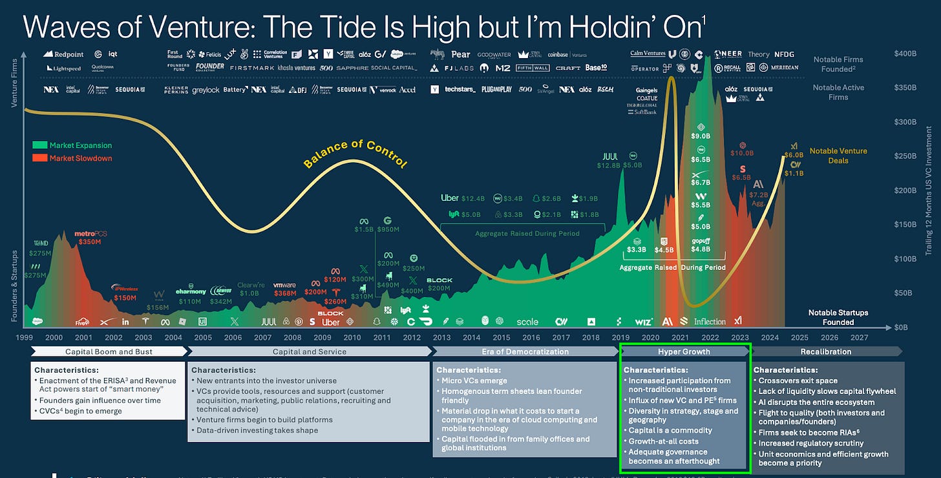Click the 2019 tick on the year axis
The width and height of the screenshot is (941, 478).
620,337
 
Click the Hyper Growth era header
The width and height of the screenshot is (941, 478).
684,352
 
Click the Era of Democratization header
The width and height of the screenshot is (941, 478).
524,352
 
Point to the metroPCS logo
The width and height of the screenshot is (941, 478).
90,233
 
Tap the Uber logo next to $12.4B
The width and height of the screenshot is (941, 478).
449,198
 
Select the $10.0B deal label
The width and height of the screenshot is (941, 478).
741,153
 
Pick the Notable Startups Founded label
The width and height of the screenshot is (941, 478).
838,317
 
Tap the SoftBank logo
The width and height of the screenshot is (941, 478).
641,112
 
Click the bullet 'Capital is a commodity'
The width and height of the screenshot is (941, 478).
671,430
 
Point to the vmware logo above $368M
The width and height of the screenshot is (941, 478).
284,285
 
